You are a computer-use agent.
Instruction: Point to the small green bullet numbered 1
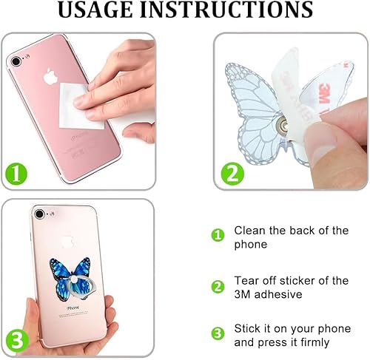[x=218, y=235]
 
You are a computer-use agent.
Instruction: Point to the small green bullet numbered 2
[x=218, y=286]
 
